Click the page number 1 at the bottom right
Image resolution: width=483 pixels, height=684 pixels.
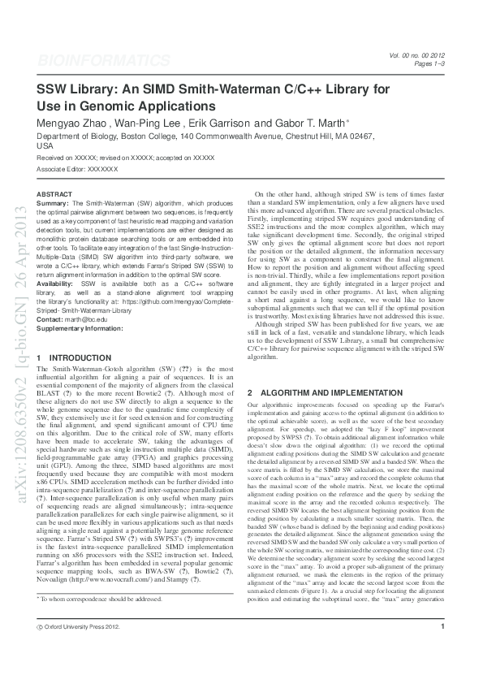pyautogui.click(x=442, y=648)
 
